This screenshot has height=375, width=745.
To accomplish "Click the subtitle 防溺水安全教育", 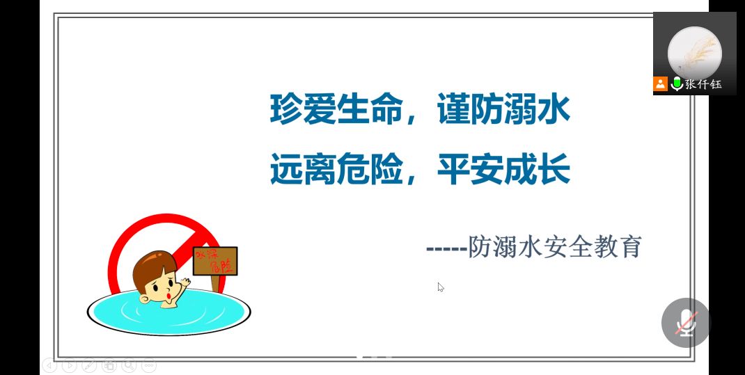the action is click(556, 246).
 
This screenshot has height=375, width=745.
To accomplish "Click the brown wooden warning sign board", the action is click(215, 261).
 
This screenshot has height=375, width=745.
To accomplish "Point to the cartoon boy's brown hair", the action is click(153, 266).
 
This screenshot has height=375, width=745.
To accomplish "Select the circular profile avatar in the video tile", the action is click(695, 53).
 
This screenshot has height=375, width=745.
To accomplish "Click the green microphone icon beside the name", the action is click(677, 84).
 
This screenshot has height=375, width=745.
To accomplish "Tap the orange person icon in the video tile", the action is click(661, 84).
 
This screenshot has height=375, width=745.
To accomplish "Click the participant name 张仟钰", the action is click(703, 84).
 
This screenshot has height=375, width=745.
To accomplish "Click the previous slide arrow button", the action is click(49, 365).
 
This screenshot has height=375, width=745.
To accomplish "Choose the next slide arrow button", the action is click(70, 365).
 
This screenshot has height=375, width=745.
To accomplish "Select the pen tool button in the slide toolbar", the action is click(89, 365).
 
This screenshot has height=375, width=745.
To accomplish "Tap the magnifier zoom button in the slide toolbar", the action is click(129, 365).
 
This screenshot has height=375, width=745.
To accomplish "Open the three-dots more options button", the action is click(149, 365).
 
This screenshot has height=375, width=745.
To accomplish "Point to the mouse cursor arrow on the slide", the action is click(441, 287).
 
